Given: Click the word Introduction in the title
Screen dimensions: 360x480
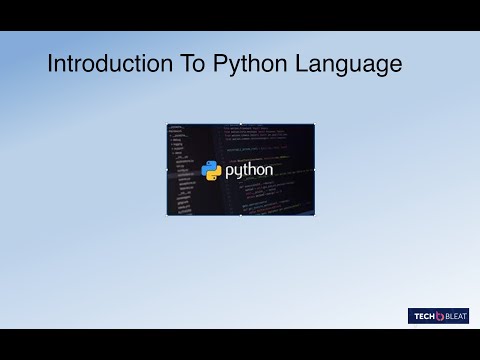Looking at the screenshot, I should pyautogui.click(x=107, y=66).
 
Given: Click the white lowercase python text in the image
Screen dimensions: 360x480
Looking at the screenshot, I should pyautogui.click(x=249, y=170).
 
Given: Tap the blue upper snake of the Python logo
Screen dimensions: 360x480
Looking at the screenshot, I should pyautogui.click(x=209, y=166).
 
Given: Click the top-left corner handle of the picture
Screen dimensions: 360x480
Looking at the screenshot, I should pyautogui.click(x=167, y=125).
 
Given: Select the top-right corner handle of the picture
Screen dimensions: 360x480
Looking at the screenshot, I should pyautogui.click(x=314, y=125).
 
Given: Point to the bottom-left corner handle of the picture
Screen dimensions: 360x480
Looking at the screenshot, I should pyautogui.click(x=167, y=214).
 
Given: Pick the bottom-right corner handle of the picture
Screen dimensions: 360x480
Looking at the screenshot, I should pyautogui.click(x=314, y=214).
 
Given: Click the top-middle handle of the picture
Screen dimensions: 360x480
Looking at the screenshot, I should pyautogui.click(x=240, y=125).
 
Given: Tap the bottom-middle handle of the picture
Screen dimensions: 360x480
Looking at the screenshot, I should pyautogui.click(x=240, y=214).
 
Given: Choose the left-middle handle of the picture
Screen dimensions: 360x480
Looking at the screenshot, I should pyautogui.click(x=167, y=170).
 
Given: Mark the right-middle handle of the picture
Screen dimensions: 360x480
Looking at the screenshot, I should pyautogui.click(x=314, y=170).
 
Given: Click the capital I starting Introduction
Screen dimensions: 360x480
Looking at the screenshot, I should pyautogui.click(x=51, y=66).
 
